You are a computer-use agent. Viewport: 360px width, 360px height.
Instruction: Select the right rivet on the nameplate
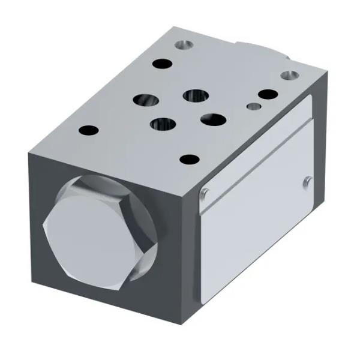pos(307,180)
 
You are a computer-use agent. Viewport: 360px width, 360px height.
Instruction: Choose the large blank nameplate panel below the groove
pos(258,228)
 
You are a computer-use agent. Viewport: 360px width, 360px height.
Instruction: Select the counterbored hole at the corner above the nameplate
pos(290,76)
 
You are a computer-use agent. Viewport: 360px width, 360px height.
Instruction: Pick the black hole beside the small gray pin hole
pos(268,95)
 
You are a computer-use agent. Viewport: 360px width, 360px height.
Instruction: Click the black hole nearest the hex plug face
pos(88,130)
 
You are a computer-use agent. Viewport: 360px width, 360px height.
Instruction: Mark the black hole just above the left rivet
pos(190,160)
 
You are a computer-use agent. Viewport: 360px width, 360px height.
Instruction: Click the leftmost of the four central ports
pos(146,100)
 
